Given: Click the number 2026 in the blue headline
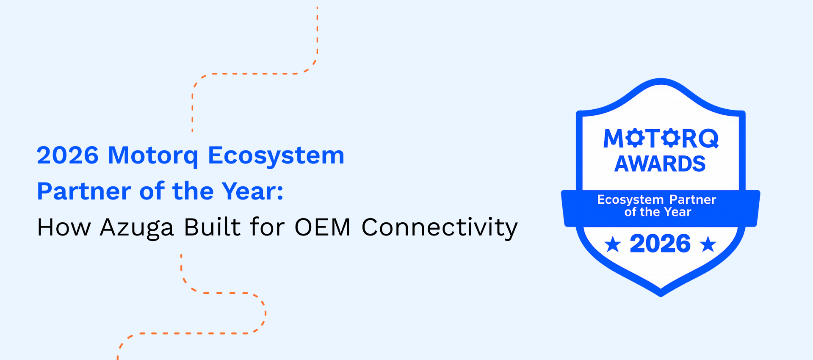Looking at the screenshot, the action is [x=68, y=155].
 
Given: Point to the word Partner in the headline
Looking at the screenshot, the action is [x=84, y=191].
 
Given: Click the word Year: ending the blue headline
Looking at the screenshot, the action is [x=253, y=191].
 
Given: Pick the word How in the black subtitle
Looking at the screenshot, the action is [x=64, y=227].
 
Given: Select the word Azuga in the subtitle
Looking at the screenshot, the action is [x=137, y=229].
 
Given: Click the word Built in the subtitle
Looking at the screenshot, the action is [x=213, y=227].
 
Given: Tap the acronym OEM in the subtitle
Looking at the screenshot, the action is [x=323, y=227].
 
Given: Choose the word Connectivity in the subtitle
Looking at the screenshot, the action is [x=440, y=229].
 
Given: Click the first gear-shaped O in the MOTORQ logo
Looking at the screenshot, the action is [x=635, y=138].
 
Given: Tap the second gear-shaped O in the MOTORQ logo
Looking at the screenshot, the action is [x=671, y=138].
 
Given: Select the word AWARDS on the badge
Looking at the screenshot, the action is [x=660, y=164].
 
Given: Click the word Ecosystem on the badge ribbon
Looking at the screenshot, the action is [x=630, y=200].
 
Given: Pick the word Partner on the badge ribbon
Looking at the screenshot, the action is [x=693, y=199].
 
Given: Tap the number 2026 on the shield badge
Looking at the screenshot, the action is [x=660, y=244].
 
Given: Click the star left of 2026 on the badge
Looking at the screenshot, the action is [x=613, y=244].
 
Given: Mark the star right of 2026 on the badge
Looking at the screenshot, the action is [x=708, y=244].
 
